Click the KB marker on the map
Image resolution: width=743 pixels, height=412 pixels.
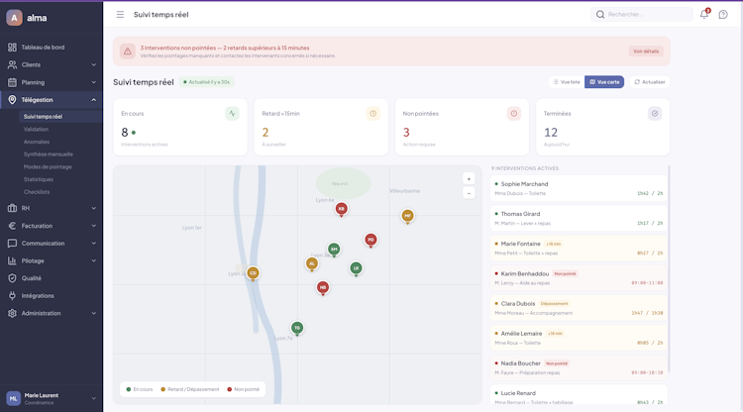coord(341,209)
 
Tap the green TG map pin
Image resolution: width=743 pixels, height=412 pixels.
coord(296,328)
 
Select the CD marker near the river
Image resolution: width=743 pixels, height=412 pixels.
coord(253,273)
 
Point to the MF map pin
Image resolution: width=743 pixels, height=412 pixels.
coord(407,216)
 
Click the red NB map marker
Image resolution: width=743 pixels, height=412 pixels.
coord(323,287)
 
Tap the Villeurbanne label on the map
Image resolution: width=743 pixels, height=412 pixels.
coord(404,190)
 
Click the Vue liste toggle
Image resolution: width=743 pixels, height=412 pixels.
coord(567,82)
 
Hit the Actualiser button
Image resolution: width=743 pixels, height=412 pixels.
coord(650,82)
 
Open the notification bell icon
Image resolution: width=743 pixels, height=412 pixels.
coord(704,15)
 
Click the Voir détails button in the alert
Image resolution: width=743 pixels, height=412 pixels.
coord(645,51)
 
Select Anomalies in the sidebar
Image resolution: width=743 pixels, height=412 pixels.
coord(37,142)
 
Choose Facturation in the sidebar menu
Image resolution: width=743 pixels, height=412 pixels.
coord(44,226)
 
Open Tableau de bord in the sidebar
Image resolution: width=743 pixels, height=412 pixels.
coord(43,48)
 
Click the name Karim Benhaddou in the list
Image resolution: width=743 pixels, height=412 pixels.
coord(524,273)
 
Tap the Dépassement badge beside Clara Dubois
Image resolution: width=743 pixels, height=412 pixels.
coord(554,303)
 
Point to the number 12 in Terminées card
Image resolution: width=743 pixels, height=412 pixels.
coord(551,132)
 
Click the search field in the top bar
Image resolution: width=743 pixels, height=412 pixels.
coord(644,15)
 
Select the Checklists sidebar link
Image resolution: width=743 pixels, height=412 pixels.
coord(37,192)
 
